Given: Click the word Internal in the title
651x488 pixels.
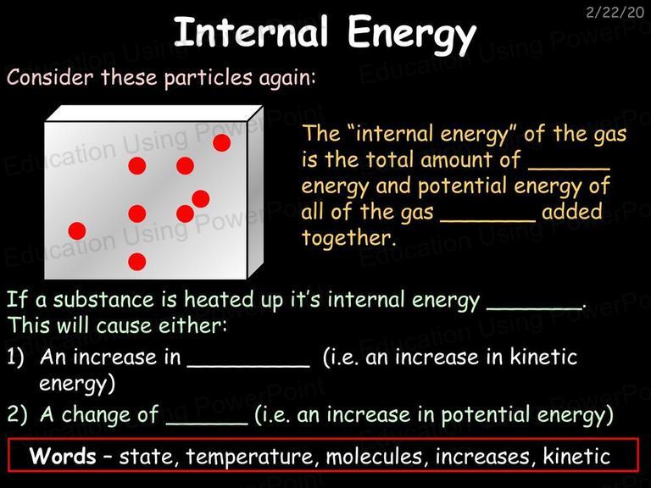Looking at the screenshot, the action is (251, 32).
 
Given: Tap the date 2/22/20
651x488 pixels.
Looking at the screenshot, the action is (615, 12).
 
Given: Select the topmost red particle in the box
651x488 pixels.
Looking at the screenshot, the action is (222, 142).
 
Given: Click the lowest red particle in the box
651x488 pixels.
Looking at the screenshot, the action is (137, 262).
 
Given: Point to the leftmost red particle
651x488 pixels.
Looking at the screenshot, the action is (77, 230).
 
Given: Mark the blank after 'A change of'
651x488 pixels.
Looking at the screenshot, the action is (207, 423).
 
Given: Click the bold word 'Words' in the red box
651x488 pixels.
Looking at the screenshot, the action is (63, 456).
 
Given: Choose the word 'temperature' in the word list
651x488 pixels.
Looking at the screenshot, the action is (248, 457).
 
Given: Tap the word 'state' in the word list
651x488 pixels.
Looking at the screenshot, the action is (145, 457).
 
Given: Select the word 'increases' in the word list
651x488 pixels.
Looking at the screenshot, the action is (482, 457).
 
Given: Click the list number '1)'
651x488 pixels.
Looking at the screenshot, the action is (16, 357).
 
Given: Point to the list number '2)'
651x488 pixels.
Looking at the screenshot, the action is (17, 414).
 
